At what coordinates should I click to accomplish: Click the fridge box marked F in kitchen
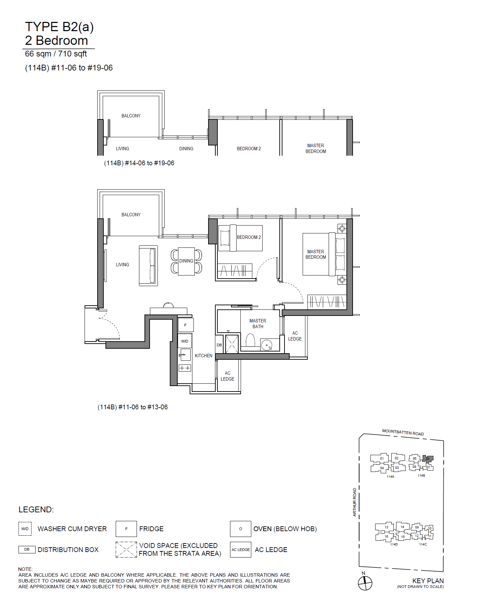186,325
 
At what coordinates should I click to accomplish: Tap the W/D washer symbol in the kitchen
185,341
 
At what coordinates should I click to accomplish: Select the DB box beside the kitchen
219,345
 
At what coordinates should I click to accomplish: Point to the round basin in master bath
267,345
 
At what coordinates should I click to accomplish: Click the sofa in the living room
148,266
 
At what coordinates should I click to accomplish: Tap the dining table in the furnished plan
186,261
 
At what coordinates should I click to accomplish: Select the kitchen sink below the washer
185,355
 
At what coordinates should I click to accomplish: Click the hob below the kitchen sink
185,368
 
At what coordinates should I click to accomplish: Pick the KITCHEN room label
204,356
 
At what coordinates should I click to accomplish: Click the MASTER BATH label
258,323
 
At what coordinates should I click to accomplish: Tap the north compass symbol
365,583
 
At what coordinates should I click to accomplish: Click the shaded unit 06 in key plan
428,459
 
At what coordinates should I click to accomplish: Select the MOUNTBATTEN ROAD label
403,432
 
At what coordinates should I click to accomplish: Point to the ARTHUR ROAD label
355,502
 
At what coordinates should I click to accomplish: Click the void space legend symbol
126,550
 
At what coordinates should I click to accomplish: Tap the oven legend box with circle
241,529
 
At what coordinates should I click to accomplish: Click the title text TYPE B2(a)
59,27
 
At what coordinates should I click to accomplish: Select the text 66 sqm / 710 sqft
56,54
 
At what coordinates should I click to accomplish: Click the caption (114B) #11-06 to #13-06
133,407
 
